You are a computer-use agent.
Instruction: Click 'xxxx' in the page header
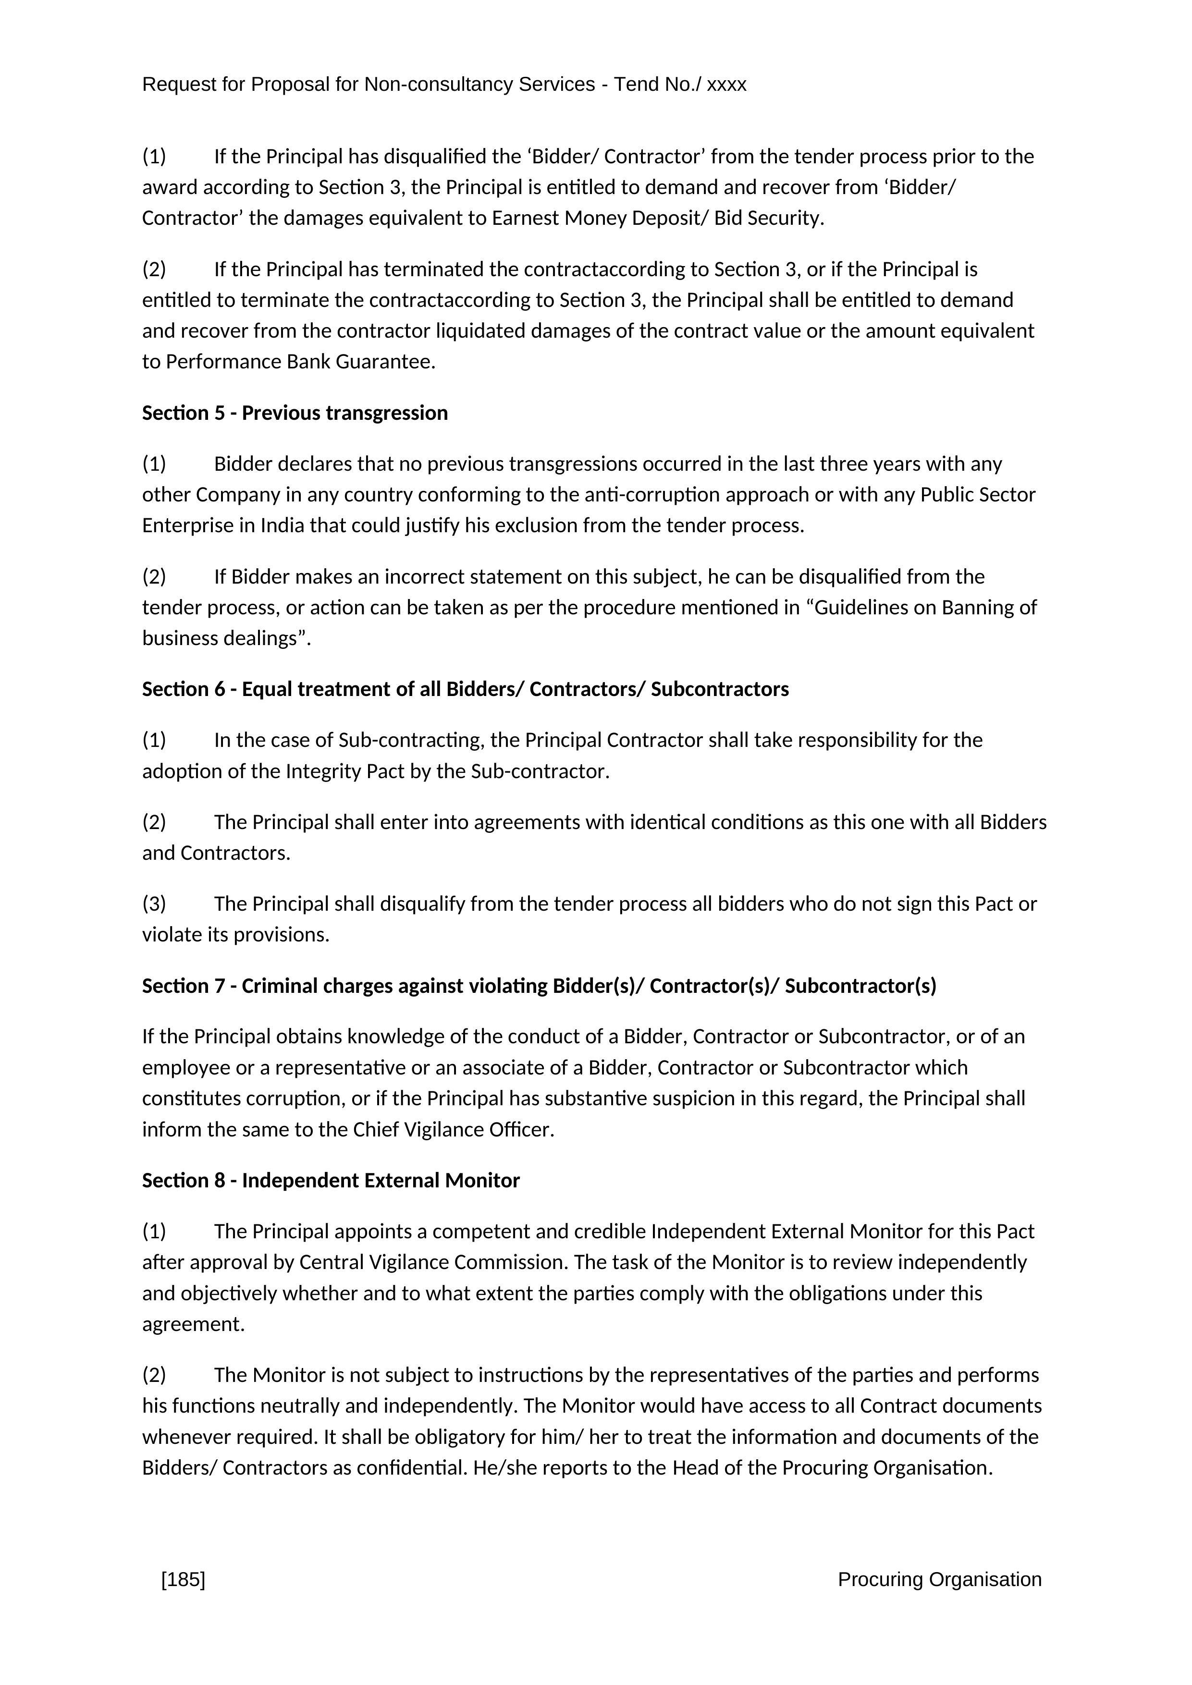click(726, 85)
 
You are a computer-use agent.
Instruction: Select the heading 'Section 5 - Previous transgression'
click(295, 413)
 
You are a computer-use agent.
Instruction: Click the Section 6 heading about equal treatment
click(466, 689)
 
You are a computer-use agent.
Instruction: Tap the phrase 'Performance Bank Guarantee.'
click(301, 362)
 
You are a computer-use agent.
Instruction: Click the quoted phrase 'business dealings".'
click(227, 638)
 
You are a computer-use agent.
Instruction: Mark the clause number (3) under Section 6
click(154, 904)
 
